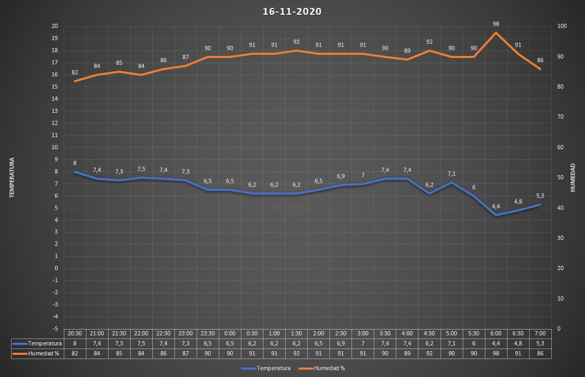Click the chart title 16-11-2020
[x=292, y=12]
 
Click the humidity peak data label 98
[x=496, y=24]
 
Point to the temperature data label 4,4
[x=496, y=206]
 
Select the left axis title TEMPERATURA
[x=12, y=177]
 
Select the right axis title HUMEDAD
[x=573, y=177]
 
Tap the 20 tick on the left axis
[x=55, y=26]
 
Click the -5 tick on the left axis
[x=55, y=316]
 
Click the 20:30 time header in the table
[x=75, y=334]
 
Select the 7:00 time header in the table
[x=540, y=334]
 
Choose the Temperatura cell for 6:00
[x=496, y=343]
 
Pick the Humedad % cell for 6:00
[x=496, y=353]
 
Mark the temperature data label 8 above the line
[x=75, y=163]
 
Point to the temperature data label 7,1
[x=452, y=173]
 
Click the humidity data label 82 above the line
[x=75, y=72]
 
